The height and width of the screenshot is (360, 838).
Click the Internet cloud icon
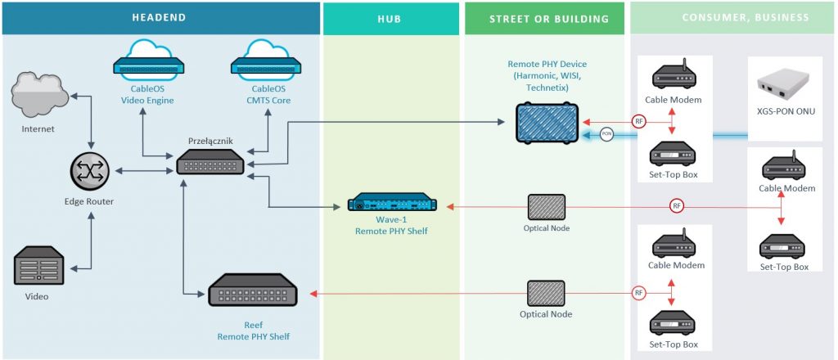40,97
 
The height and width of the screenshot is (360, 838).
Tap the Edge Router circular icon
89,173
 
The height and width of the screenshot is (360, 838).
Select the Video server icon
38,265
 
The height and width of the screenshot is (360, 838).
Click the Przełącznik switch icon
210,160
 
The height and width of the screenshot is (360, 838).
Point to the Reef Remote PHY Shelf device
252,290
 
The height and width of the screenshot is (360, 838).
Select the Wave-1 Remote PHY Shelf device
392,204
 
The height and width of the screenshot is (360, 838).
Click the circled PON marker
606,135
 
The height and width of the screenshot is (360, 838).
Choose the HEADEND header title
160,17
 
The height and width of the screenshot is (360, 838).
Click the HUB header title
390,20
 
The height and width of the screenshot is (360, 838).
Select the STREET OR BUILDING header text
549,20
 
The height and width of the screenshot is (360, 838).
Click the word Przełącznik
210,141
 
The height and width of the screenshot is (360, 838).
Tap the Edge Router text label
89,202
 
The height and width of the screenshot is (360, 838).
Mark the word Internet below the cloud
38,128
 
